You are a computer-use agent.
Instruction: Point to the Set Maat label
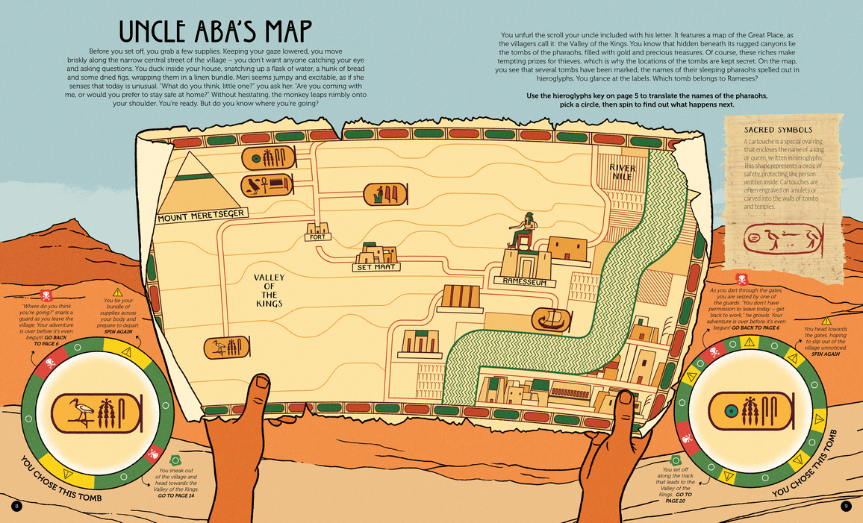(x=377, y=266)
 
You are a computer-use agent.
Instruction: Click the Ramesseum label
(x=525, y=283)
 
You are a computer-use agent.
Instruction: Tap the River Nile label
(x=622, y=172)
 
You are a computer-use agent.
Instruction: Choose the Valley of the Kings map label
(x=269, y=290)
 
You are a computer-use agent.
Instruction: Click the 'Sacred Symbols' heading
(x=778, y=130)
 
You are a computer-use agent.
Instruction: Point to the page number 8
(x=16, y=507)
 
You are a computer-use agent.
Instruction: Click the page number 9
(x=846, y=507)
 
